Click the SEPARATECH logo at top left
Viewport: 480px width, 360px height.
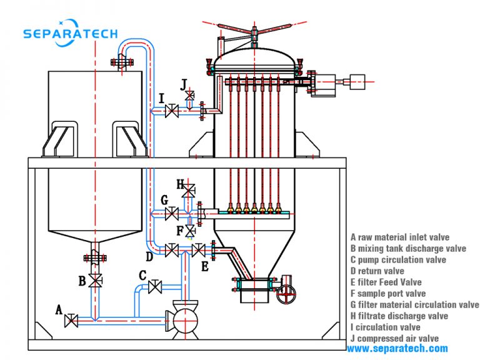click(70, 32)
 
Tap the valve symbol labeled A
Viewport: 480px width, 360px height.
click(72, 321)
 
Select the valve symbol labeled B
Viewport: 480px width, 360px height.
click(95, 281)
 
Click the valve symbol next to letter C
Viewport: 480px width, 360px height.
click(156, 287)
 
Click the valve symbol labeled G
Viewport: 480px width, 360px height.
click(171, 214)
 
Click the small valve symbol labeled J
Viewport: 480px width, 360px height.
click(190, 94)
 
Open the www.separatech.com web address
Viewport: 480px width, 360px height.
click(397, 349)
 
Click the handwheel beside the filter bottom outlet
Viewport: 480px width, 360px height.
click(286, 292)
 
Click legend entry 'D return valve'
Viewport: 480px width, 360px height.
click(377, 271)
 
